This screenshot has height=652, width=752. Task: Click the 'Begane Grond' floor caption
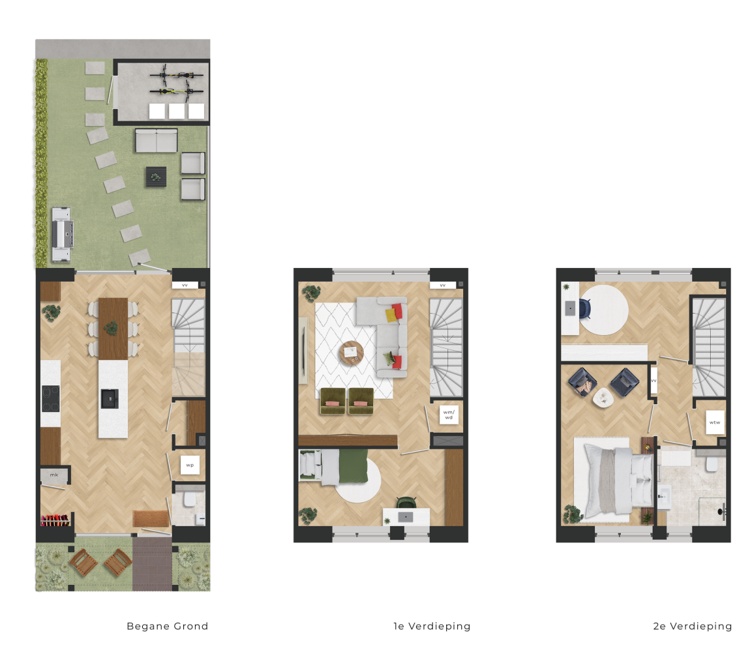168,626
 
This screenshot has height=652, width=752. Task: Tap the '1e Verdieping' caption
432,626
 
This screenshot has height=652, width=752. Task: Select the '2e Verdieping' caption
693,626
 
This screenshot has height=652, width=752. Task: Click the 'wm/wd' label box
449,415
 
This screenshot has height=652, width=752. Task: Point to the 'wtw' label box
715,422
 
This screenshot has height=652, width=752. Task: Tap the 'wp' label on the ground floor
190,465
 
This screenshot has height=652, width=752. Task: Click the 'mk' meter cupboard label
54,475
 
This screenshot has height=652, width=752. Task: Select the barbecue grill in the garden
63,235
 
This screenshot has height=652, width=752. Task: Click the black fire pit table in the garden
156,177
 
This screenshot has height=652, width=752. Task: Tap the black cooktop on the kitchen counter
50,399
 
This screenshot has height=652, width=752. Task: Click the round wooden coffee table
352,353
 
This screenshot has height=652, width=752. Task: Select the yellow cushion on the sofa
391,316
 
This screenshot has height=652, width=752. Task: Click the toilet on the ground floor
189,500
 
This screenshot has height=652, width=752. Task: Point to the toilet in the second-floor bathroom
712,464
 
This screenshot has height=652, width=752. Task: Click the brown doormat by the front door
151,519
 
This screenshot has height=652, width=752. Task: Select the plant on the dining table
112,328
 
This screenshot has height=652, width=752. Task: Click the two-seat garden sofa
157,140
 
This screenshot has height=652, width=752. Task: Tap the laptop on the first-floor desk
406,517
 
